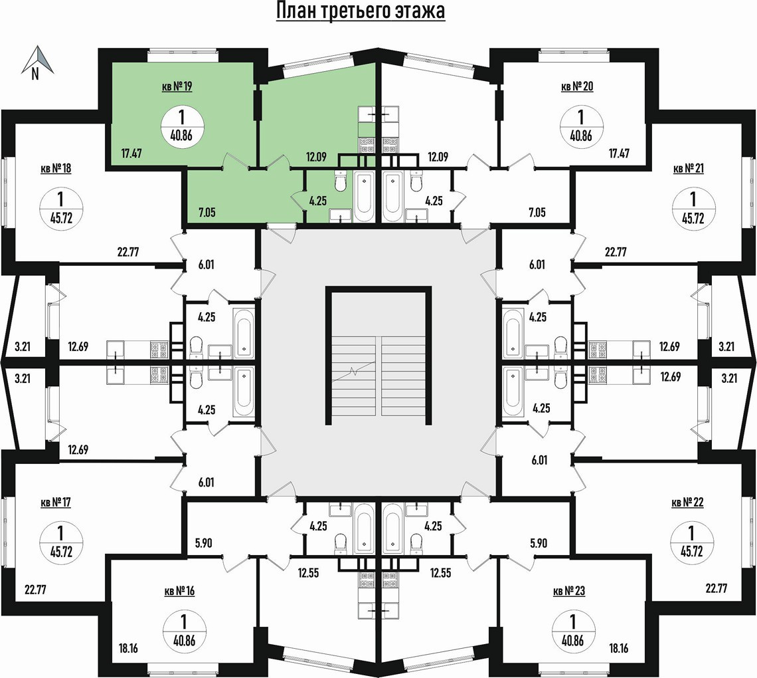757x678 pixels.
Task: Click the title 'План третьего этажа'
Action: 360,12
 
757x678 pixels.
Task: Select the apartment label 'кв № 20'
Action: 576,86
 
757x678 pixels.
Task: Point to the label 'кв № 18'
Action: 56,168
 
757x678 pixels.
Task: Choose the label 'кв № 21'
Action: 689,168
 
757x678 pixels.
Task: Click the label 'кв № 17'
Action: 56,503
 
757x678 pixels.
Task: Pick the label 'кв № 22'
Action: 688,503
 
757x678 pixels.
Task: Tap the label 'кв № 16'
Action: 179,591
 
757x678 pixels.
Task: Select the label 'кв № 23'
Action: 569,591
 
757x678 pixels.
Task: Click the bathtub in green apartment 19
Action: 364,196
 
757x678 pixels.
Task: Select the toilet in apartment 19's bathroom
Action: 341,182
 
